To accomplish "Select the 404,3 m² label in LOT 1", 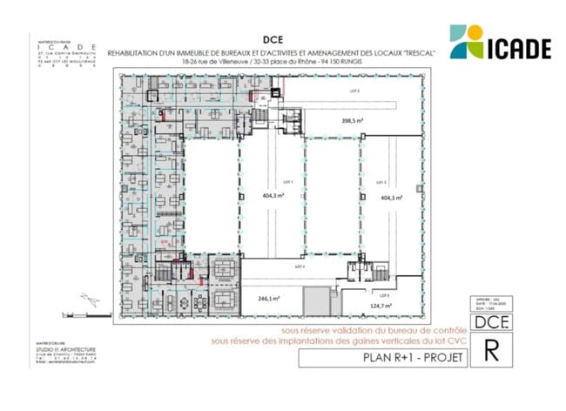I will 268,196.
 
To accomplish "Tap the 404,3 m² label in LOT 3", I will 392,198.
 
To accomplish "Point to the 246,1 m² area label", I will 267,298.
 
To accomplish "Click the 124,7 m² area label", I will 381,306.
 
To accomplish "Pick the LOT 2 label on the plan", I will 354,91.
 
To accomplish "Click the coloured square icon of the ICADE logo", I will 467,41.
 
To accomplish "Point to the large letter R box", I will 492,351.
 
